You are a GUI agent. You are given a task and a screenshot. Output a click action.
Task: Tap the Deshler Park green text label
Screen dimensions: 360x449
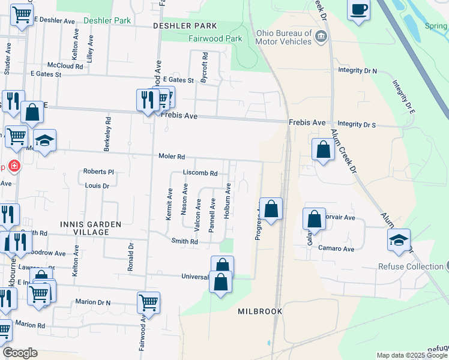(x=107, y=20)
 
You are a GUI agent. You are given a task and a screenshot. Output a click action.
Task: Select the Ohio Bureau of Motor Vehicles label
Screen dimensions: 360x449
(x=283, y=37)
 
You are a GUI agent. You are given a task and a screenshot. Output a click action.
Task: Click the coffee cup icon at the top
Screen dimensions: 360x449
(x=358, y=10)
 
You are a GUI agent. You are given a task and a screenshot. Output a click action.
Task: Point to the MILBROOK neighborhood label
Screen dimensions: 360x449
(x=260, y=312)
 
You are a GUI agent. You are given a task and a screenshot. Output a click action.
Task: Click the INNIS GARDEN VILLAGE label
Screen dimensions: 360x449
(x=91, y=228)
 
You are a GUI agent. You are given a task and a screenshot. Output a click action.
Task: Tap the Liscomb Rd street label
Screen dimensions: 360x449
(x=200, y=173)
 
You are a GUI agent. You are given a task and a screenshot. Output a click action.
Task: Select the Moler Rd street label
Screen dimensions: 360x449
(x=172, y=157)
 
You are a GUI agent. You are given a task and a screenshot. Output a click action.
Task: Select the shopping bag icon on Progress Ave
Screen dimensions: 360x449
(x=271, y=209)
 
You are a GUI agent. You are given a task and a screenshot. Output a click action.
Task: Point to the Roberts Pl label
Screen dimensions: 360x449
(x=98, y=172)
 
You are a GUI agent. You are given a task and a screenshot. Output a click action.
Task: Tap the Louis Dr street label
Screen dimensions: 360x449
(x=97, y=186)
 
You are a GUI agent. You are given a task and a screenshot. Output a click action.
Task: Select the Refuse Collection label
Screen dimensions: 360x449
(x=411, y=266)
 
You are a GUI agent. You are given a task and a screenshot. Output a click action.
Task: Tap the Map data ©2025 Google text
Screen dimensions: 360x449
(x=411, y=355)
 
